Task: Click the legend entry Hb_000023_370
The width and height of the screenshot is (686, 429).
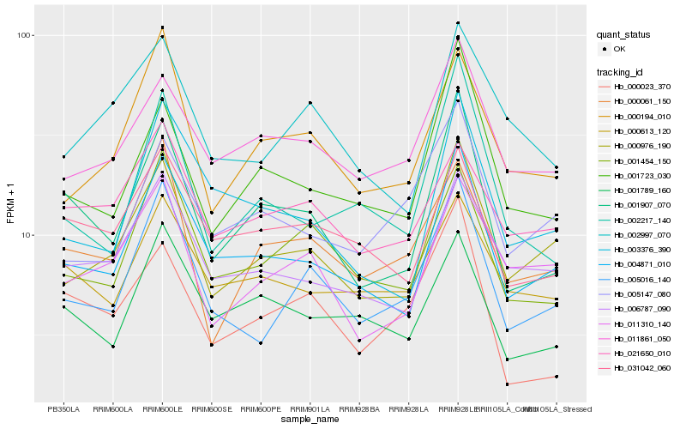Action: pyautogui.click(x=638, y=87)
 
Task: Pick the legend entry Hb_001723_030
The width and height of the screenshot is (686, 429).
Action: pyautogui.click(x=638, y=175)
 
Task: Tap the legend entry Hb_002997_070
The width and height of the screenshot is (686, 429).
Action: pyautogui.click(x=638, y=234)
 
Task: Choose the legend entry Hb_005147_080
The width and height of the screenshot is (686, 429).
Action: pyautogui.click(x=638, y=293)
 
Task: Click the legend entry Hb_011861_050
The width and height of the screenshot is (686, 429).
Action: pyautogui.click(x=638, y=338)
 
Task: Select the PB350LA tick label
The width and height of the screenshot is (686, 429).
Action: pyautogui.click(x=63, y=409)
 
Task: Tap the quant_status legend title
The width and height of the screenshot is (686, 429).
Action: pyautogui.click(x=624, y=35)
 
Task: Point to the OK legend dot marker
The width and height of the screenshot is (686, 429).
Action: pyautogui.click(x=605, y=50)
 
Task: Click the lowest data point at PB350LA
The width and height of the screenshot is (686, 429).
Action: pyautogui.click(x=63, y=306)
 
